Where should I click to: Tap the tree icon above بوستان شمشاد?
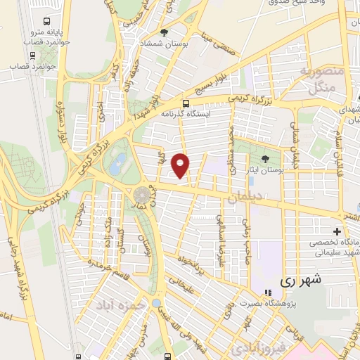(165, 32)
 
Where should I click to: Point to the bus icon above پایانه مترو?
(46, 22)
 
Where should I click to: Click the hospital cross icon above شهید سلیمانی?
(337, 232)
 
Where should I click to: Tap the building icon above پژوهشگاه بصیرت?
(267, 292)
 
